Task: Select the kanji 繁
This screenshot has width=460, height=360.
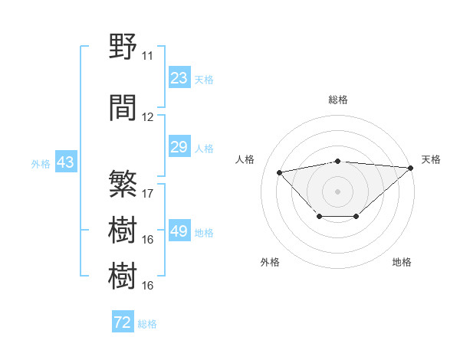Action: [123, 185]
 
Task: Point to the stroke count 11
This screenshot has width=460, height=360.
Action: [147, 56]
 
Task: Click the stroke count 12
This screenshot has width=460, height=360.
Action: [147, 117]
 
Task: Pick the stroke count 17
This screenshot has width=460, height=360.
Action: [148, 194]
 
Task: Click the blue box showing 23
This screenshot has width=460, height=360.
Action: [179, 78]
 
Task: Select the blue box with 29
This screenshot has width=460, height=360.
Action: [179, 147]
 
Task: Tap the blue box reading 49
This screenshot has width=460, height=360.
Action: [179, 231]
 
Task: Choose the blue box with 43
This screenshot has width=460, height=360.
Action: [65, 162]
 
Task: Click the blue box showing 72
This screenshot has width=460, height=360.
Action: [123, 322]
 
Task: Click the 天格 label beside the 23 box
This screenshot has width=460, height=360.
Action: [204, 79]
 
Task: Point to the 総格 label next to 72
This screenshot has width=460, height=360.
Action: [147, 324]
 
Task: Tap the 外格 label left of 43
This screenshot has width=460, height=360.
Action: [41, 163]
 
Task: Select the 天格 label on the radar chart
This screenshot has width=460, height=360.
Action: [431, 159]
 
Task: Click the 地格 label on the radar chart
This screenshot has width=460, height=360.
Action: [402, 262]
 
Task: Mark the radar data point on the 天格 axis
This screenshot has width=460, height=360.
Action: [411, 168]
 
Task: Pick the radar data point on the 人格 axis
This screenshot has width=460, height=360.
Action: [279, 172]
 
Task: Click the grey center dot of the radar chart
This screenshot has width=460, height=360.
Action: [337, 191]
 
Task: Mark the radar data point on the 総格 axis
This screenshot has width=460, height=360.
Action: [337, 161]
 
